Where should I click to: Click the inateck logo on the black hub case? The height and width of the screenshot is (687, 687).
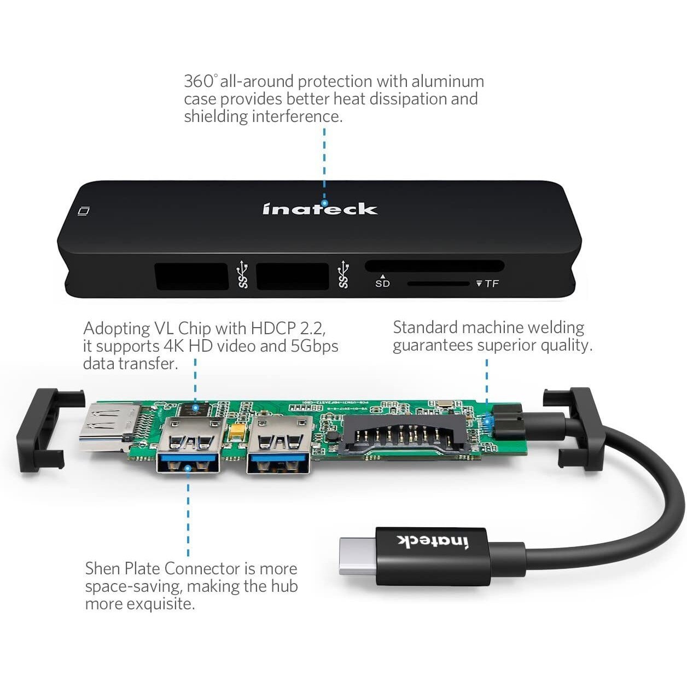coord(320,209)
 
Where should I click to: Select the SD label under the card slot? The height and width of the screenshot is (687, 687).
coord(382,284)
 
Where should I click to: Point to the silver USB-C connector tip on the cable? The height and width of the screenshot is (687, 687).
coord(357,556)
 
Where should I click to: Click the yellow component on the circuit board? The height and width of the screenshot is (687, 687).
coord(237,433)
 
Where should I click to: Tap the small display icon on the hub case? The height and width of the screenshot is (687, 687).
coord(84,211)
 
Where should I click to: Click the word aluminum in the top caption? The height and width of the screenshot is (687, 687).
coord(447,81)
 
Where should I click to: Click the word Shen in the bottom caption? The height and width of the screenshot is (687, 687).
coord(102,568)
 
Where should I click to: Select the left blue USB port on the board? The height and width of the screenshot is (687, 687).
coord(188,444)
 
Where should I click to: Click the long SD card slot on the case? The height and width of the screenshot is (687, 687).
coord(434,266)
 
